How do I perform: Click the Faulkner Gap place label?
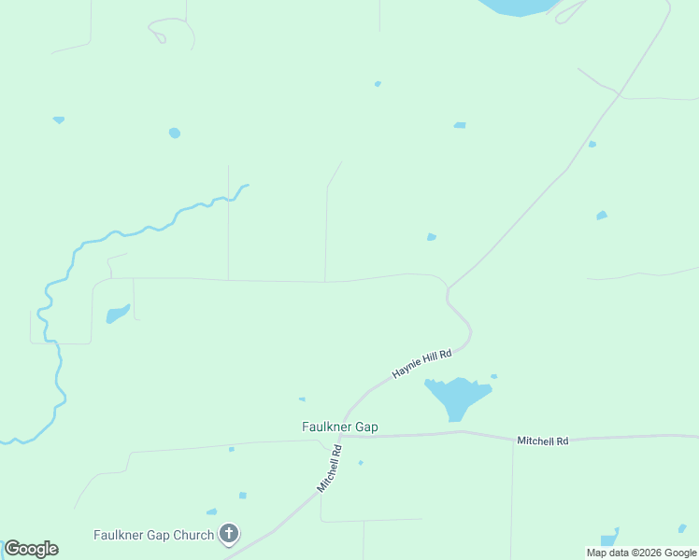click(x=339, y=427)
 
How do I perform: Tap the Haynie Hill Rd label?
click(x=421, y=363)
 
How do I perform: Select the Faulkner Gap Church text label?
click(x=153, y=535)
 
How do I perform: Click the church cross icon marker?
click(x=228, y=534)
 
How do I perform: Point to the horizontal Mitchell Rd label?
click(x=543, y=441)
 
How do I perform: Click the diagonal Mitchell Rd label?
click(x=329, y=469)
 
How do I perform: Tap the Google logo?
click(x=31, y=549)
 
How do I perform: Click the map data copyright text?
click(x=641, y=553)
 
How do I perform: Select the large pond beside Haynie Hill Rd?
click(x=456, y=397)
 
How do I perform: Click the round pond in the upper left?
click(x=175, y=133)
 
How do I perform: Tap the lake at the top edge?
click(x=519, y=7)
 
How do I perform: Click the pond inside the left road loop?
click(x=117, y=314)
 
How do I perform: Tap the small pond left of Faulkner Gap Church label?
click(x=211, y=511)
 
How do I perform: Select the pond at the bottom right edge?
click(x=609, y=539)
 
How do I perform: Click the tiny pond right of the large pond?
click(x=493, y=376)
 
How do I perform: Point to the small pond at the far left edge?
click(x=59, y=120)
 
